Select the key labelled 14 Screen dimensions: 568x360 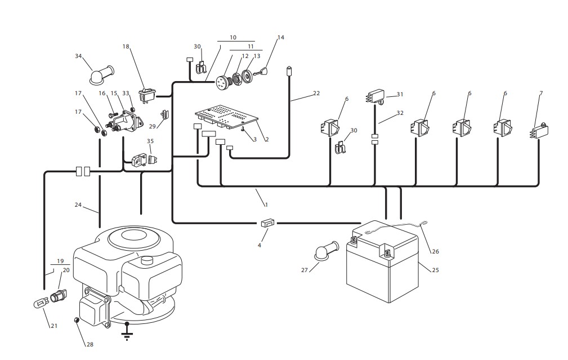pyautogui.click(x=262, y=72)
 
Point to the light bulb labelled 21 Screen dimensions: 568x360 pyautogui.click(x=41, y=303)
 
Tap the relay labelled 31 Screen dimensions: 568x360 pyautogui.click(x=374, y=96)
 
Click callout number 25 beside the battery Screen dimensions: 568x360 pyautogui.click(x=435, y=270)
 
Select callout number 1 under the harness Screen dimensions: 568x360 pyautogui.click(x=266, y=205)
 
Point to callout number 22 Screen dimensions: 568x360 pyautogui.click(x=316, y=93)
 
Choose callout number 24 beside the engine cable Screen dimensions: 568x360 pyautogui.click(x=78, y=205)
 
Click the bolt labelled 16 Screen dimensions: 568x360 pyautogui.click(x=113, y=114)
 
